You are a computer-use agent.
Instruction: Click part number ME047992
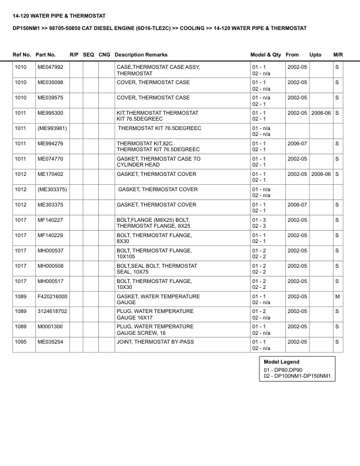(50, 68)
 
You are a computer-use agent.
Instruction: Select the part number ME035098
(50, 82)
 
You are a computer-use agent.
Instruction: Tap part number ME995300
(50, 112)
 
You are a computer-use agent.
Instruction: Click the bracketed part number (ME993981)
(52, 128)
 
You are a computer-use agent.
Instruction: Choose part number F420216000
(52, 296)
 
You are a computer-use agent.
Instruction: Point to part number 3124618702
(52, 311)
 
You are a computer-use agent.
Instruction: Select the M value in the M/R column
(337, 296)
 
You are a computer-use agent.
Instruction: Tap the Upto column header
(315, 54)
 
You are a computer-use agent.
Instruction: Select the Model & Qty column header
(266, 54)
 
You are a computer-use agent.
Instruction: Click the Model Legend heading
(281, 362)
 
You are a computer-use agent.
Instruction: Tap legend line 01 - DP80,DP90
(282, 370)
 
